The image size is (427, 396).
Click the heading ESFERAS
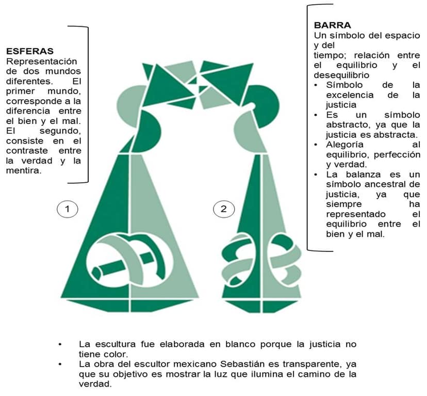(x=30, y=51)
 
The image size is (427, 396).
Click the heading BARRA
(x=332, y=25)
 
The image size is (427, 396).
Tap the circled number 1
(x=67, y=209)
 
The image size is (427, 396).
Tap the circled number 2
(x=224, y=209)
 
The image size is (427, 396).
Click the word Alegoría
(x=345, y=145)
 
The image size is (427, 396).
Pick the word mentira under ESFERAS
(x=24, y=171)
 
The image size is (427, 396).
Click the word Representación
(x=41, y=62)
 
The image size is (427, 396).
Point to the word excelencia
(x=350, y=95)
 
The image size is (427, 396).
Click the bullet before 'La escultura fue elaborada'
(x=60, y=344)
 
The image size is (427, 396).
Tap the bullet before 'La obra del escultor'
(x=60, y=365)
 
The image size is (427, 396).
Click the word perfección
(x=397, y=155)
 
